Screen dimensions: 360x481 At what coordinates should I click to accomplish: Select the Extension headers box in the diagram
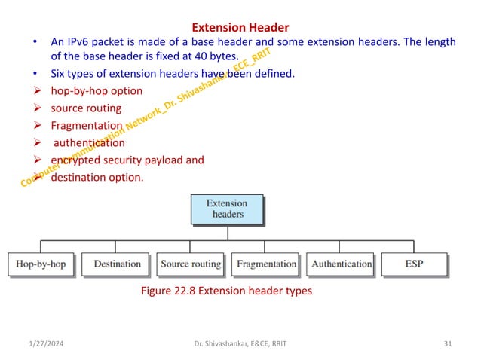[x=227, y=208]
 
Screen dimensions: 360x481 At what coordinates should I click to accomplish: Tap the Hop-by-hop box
[x=41, y=264]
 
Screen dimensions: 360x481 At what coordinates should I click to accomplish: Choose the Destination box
[x=117, y=264]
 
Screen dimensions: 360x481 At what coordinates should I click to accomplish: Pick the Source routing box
[x=191, y=264]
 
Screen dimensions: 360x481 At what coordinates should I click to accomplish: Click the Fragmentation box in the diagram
[x=266, y=264]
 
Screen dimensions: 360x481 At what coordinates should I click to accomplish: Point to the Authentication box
[x=342, y=264]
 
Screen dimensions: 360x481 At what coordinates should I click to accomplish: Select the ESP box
[x=414, y=264]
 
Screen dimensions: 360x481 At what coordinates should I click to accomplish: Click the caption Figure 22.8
[x=226, y=291]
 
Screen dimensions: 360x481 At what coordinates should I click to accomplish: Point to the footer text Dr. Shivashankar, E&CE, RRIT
[x=240, y=344]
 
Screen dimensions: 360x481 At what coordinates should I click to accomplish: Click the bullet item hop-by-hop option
[x=96, y=91]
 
